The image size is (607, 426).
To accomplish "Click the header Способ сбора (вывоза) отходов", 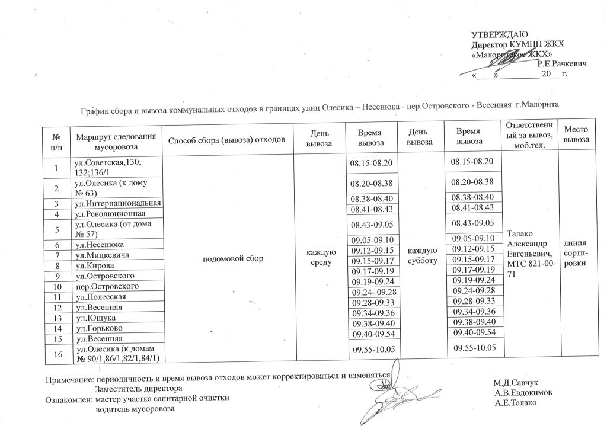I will tap(228, 140).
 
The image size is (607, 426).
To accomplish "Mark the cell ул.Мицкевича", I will tap(101, 255).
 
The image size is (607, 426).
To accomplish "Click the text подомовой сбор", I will tap(228, 258).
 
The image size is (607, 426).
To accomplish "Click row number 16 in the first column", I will tap(57, 354).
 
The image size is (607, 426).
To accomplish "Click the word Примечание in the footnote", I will tap(69, 377).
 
